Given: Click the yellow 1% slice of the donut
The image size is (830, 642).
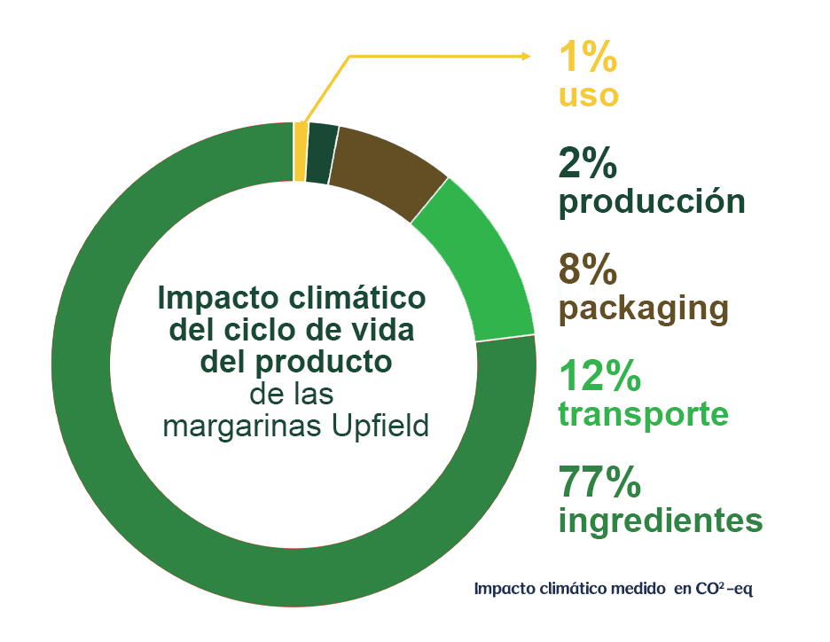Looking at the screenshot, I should (x=301, y=152).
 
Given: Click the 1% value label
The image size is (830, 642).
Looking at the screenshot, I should (x=588, y=58).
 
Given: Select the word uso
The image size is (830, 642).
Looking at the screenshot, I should (x=588, y=95).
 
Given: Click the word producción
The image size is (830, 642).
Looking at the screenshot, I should (x=652, y=202).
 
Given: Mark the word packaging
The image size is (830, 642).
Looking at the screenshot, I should (x=644, y=309).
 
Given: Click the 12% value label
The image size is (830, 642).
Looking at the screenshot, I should (x=600, y=378).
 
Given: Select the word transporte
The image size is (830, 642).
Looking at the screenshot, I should (x=644, y=414).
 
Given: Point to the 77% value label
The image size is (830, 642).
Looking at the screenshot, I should (x=600, y=483).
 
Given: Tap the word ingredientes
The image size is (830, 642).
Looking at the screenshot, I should (x=661, y=521).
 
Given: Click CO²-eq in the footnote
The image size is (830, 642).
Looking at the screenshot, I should (x=724, y=588).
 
